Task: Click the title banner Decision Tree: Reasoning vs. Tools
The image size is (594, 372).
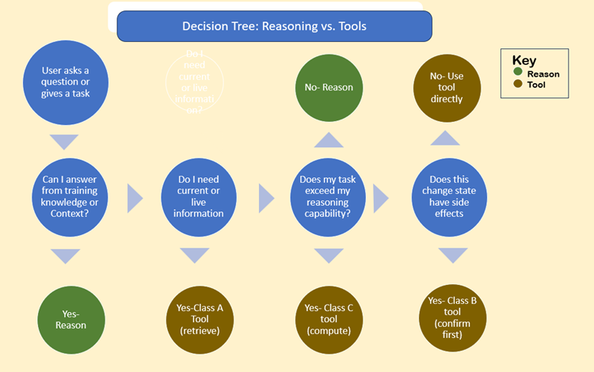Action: (x=275, y=26)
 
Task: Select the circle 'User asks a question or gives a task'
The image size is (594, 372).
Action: (x=64, y=82)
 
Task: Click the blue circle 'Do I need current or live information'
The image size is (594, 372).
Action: (x=194, y=197)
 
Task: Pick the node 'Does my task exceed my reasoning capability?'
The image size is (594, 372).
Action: (x=327, y=197)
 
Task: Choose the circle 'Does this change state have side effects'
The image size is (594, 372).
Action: (x=449, y=197)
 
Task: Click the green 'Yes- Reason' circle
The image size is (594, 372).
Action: (x=64, y=318)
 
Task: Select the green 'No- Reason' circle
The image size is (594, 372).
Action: (x=328, y=87)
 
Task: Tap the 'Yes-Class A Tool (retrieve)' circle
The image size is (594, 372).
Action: (x=195, y=318)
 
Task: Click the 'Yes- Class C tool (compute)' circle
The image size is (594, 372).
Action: (x=327, y=318)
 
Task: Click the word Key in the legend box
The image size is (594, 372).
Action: (x=524, y=60)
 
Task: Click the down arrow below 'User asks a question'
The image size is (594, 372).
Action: (x=64, y=142)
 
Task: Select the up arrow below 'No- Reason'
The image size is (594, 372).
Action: (x=328, y=139)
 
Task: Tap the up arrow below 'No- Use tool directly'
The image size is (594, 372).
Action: (x=445, y=138)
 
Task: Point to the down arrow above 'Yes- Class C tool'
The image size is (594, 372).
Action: (x=328, y=255)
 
